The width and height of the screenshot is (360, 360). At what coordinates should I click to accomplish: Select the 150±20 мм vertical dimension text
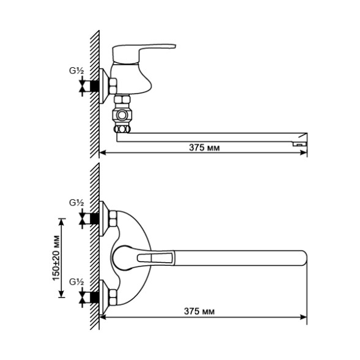pyautogui.click(x=56, y=257)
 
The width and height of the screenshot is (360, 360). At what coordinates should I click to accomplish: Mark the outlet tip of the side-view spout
pyautogui.click(x=299, y=142)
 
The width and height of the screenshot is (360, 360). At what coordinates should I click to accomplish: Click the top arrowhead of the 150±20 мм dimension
pyautogui.click(x=61, y=219)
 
